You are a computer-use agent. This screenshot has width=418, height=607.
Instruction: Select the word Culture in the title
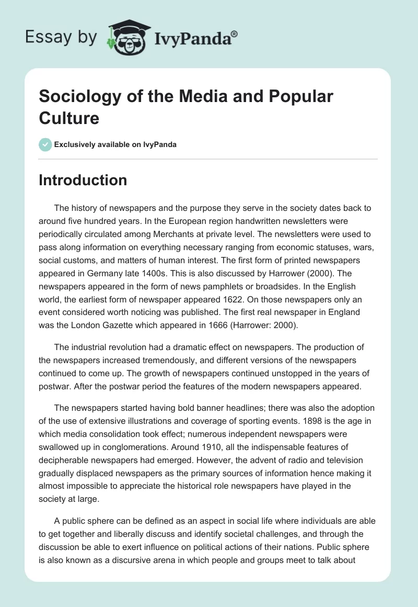click(x=69, y=118)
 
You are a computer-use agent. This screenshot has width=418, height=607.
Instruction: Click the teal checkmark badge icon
click(x=45, y=144)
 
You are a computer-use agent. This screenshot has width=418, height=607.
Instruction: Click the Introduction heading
click(x=83, y=180)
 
